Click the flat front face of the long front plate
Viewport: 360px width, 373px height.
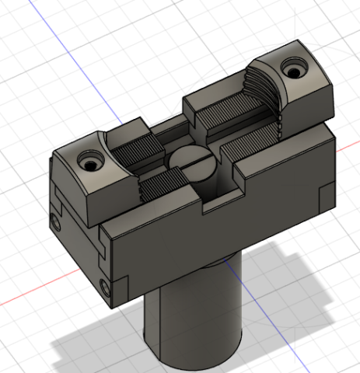pos(210,249)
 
